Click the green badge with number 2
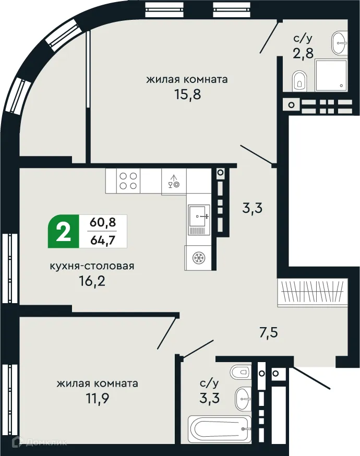[64, 232]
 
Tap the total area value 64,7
[103, 240]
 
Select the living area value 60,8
[103, 223]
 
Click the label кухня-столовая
[92, 266]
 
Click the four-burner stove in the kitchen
[129, 181]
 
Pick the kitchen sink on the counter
[199, 213]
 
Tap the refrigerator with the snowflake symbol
[198, 258]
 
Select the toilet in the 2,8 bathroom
[299, 79]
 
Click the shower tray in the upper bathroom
[329, 74]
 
